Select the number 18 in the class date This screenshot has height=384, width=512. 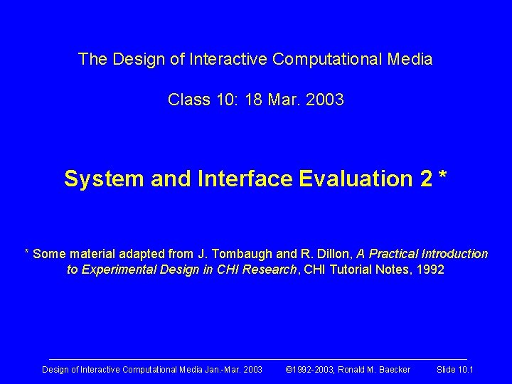[253, 100]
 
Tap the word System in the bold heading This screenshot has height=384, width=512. [104, 178]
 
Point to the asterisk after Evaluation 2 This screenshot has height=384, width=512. [443, 176]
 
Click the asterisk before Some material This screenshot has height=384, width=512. [27, 252]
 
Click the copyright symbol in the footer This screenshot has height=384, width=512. [289, 370]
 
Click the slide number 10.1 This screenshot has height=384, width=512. [465, 370]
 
